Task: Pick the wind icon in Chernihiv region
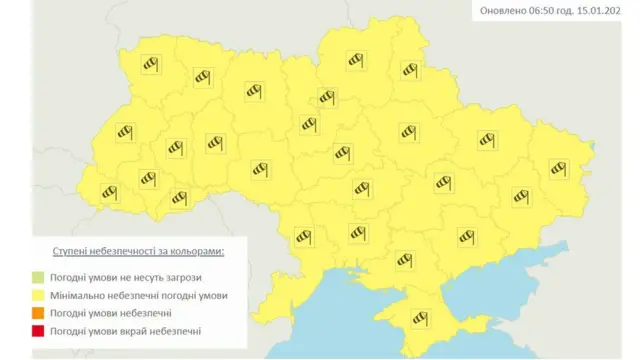point(353,61)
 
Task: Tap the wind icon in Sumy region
point(408,69)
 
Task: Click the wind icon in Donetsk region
point(520,195)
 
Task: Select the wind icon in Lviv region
point(124,131)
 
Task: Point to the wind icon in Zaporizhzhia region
point(465,236)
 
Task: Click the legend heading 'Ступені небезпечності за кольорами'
point(138,251)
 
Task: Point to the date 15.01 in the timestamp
point(599,11)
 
